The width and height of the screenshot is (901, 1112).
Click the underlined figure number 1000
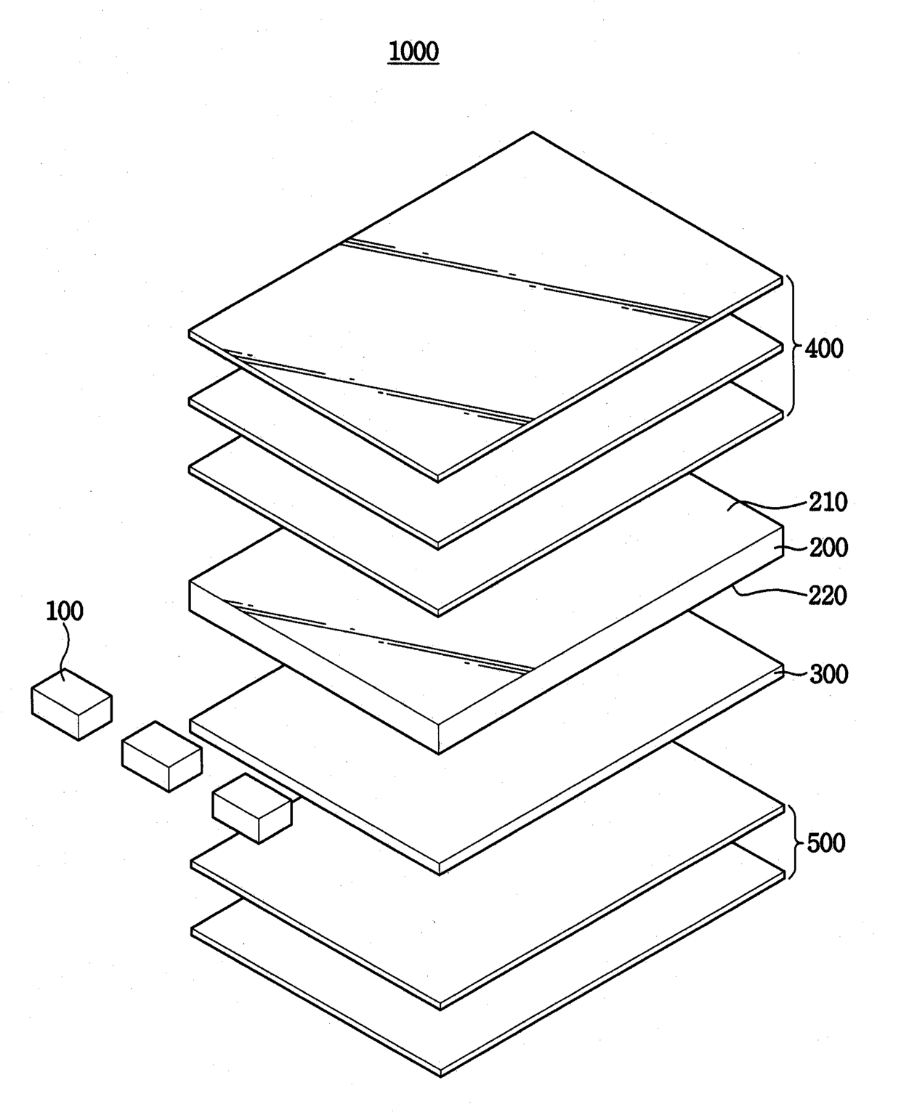coord(413,52)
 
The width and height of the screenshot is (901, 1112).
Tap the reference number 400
coord(825,349)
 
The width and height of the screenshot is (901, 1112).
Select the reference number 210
coord(828,502)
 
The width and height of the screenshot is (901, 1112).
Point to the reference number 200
coord(828,547)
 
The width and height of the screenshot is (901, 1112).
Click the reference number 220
coord(828,596)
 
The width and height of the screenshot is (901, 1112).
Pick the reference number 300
coord(828,674)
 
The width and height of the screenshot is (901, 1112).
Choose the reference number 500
coord(826,843)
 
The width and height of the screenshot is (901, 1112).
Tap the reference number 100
coord(65,611)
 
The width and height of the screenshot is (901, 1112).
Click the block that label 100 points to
coord(71,703)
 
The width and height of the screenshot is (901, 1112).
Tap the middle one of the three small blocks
coord(161,755)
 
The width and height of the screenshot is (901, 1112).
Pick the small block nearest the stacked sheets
coord(251,807)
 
